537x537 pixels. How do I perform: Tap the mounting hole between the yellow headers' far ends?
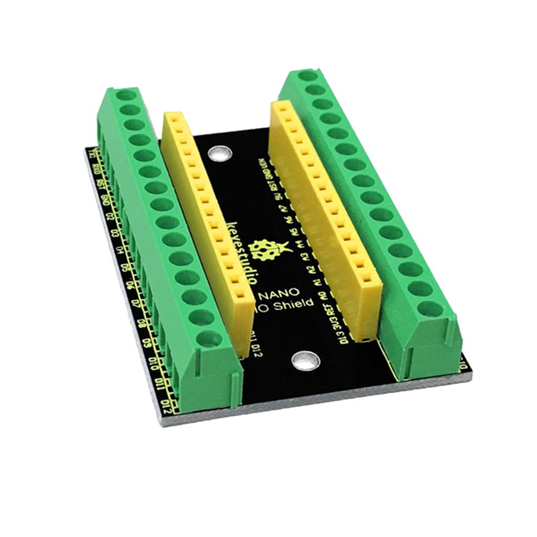point(219,154)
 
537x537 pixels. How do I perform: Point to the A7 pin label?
point(284,209)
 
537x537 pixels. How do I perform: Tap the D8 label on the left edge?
point(141,321)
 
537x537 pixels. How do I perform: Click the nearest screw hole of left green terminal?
point(209,339)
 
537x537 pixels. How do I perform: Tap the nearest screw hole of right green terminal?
point(430,309)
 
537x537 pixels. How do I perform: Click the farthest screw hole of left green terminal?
point(124,95)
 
